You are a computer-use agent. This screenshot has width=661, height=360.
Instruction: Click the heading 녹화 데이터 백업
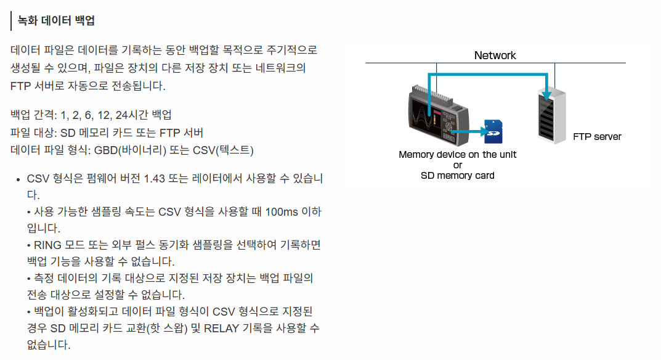(56, 20)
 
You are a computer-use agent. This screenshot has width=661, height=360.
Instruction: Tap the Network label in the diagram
(495, 55)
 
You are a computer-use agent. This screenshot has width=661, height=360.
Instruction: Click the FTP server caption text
(597, 136)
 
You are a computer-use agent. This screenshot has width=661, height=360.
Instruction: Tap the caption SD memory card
(457, 175)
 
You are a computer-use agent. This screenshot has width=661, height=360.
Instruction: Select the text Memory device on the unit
(457, 155)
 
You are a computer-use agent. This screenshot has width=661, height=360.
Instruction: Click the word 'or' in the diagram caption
(457, 165)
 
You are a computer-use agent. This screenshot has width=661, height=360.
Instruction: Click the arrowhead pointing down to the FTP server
(545, 91)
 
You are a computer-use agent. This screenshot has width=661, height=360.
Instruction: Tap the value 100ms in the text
(282, 212)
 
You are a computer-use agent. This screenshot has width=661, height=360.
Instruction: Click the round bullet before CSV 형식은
(18, 180)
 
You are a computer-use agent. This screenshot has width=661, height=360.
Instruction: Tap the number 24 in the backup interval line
(122, 115)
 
